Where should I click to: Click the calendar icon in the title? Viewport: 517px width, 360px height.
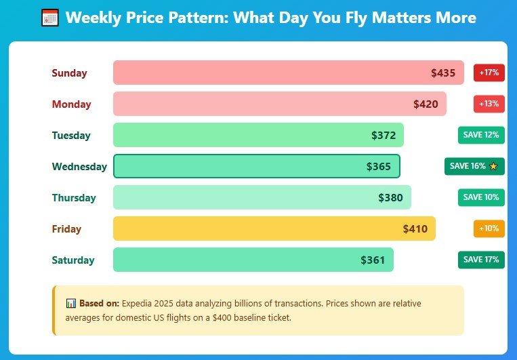pos(50,18)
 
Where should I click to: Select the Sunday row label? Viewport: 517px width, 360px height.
pos(69,73)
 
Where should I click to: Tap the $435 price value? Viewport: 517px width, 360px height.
pos(443,73)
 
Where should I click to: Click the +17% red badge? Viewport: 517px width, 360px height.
pos(489,73)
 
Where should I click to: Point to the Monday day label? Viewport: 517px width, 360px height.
pos(71,104)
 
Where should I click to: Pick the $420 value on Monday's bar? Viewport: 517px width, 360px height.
pos(426,104)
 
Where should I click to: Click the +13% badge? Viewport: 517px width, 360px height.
pos(489,104)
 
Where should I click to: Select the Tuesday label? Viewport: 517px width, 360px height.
pos(71,136)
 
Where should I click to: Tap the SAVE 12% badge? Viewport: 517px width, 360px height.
pos(481,135)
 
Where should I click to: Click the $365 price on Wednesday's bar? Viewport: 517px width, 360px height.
pos(379,167)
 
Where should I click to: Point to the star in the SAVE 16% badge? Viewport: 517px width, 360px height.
pos(493,166)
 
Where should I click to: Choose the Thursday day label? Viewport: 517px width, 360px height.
pos(74,198)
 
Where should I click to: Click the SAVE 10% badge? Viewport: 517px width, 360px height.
pos(481,197)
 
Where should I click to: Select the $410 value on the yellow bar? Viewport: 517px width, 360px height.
pos(415,229)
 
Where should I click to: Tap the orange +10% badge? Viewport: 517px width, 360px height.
pos(489,228)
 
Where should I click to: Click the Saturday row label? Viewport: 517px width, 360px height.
pos(73,260)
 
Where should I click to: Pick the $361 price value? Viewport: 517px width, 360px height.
pos(373,260)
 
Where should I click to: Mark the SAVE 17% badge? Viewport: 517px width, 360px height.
pos(481,260)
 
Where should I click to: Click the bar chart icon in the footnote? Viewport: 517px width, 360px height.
pos(70,304)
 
